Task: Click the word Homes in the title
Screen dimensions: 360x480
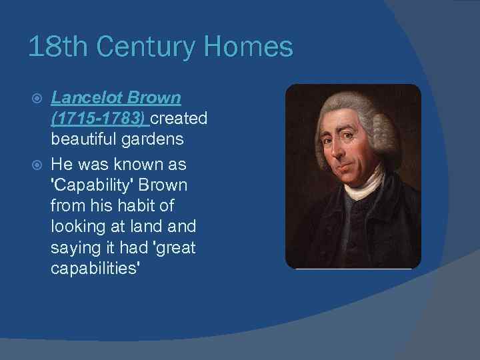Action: pyautogui.click(x=248, y=47)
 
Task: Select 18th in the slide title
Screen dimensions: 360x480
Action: pyautogui.click(x=53, y=47)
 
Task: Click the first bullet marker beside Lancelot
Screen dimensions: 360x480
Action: pyautogui.click(x=38, y=99)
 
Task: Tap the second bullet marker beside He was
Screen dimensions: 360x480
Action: pyautogui.click(x=38, y=163)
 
